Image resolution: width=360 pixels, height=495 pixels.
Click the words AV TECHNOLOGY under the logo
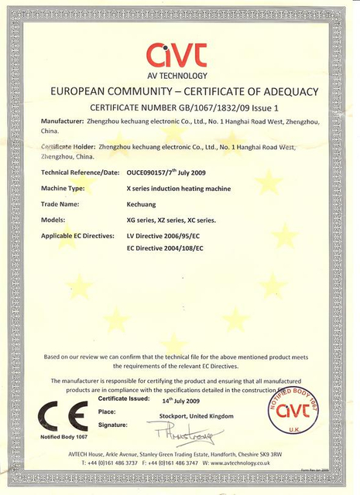coord(178,76)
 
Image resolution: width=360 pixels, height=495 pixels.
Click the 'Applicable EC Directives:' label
coord(78,235)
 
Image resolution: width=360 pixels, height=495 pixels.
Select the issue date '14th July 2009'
coord(183,401)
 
